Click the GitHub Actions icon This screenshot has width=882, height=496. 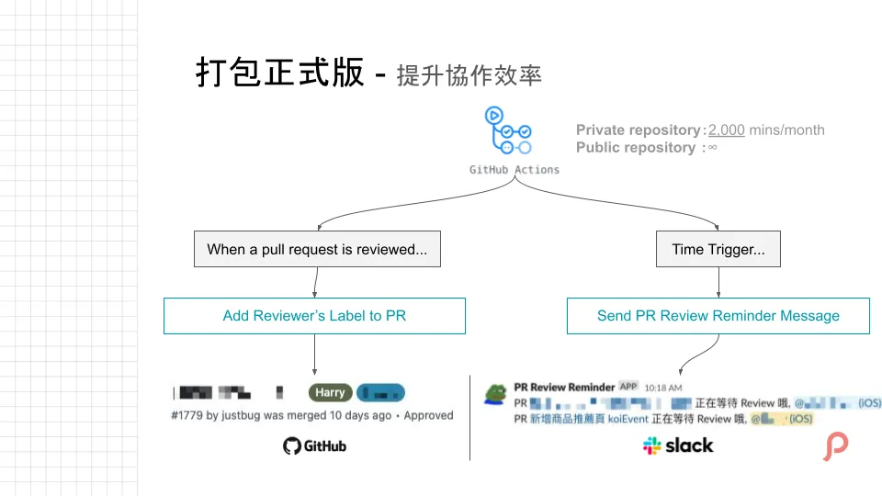point(507,132)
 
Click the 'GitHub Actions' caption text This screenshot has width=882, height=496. point(514,170)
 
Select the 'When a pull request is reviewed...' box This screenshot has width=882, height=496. point(317,249)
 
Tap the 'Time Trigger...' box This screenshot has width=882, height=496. point(718,249)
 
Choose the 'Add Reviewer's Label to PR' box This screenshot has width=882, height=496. point(314,316)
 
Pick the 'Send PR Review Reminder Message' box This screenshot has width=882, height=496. point(718,316)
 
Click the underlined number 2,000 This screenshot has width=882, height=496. point(726,130)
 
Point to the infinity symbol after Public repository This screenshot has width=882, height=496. point(712,148)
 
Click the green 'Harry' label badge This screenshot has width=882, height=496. point(330,392)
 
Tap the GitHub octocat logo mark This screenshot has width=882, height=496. point(292,446)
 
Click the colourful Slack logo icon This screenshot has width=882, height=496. point(652,446)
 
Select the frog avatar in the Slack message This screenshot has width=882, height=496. point(495,393)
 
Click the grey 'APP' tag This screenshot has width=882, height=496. point(628,387)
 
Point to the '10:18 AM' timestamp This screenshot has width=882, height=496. point(663,388)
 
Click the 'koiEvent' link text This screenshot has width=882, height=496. point(628,419)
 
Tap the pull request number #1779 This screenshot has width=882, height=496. point(187,415)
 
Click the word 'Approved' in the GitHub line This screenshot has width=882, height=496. point(429,415)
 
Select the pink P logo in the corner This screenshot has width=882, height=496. point(835,446)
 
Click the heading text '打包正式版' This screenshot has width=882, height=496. point(279,73)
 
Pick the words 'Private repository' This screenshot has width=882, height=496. point(638,130)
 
